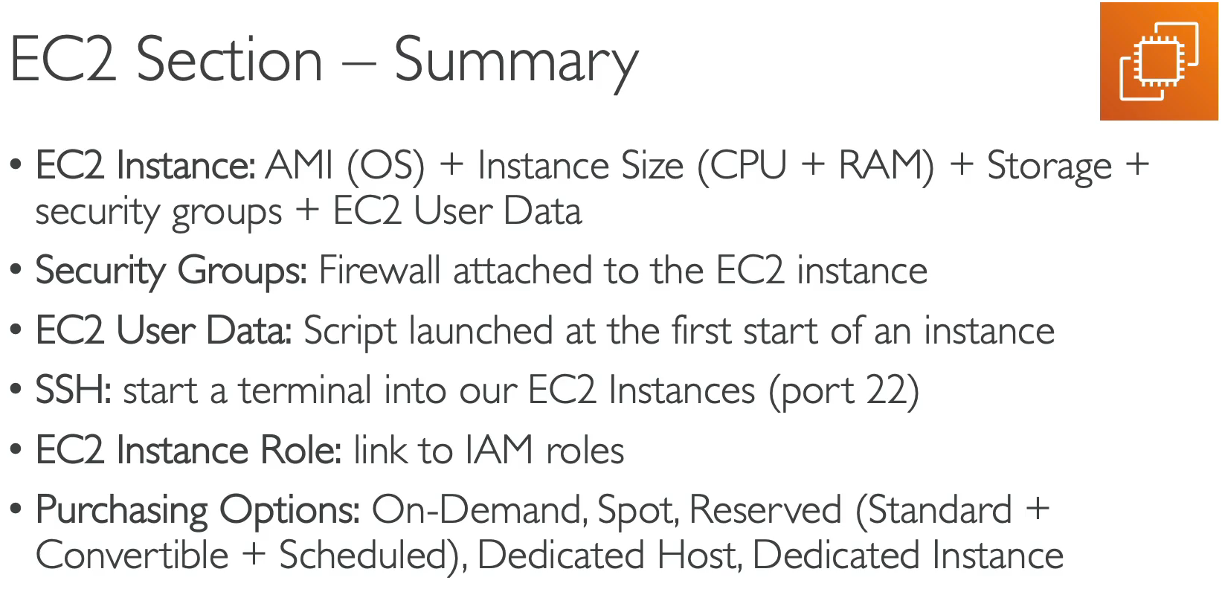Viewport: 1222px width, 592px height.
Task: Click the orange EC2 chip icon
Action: [x=1159, y=61]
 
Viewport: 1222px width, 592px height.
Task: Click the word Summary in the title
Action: [x=515, y=61]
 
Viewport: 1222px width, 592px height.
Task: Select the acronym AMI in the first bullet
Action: [x=299, y=165]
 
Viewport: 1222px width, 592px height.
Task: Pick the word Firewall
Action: [x=379, y=271]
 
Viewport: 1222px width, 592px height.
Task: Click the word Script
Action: [x=350, y=332]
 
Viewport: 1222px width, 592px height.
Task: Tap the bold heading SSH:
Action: [x=73, y=391]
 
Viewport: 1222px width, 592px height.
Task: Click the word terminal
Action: [x=304, y=391]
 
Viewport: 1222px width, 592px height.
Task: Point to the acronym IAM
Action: [x=499, y=451]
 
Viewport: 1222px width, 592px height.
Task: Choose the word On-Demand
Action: [x=477, y=511]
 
